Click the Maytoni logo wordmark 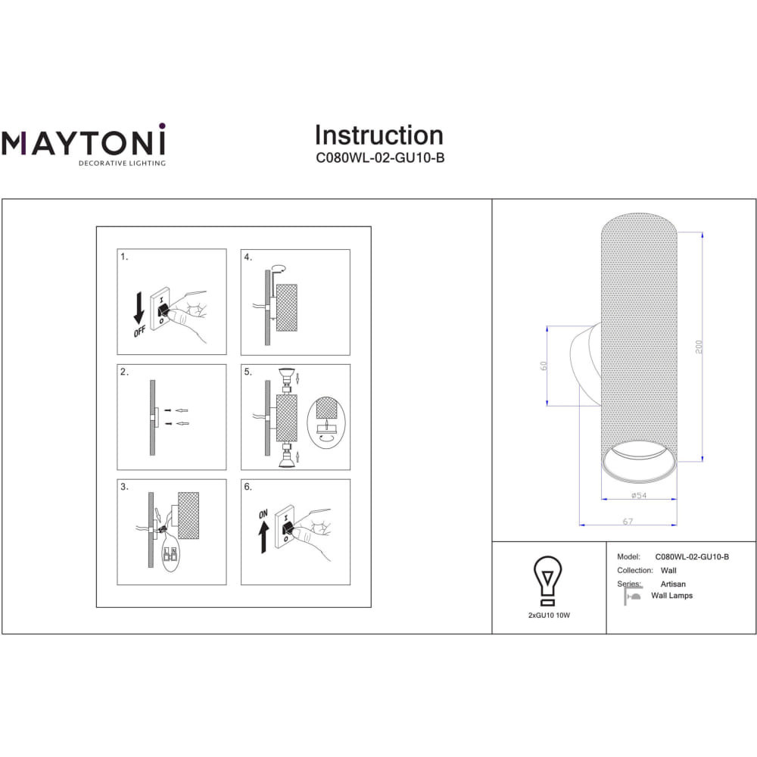click(x=83, y=140)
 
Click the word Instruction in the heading click(x=379, y=136)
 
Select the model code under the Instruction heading click(x=380, y=158)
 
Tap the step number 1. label click(x=125, y=257)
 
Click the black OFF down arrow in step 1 click(x=139, y=308)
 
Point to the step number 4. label click(x=248, y=257)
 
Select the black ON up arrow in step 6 click(x=263, y=537)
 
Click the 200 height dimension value click(x=699, y=347)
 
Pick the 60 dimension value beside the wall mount click(x=544, y=366)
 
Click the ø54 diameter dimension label click(x=639, y=495)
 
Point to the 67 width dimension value click(x=628, y=522)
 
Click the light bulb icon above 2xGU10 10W click(x=548, y=581)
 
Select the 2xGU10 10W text click(x=549, y=615)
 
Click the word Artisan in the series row click(x=673, y=584)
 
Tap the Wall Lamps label click(x=672, y=596)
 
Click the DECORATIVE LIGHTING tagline click(x=122, y=164)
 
